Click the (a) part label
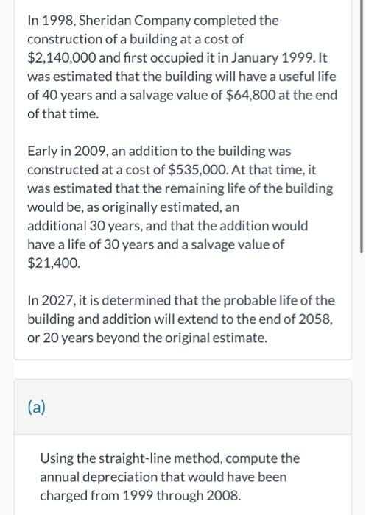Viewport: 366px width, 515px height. (x=36, y=407)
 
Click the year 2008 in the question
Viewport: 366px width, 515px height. (x=222, y=496)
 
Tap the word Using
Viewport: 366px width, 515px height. (x=57, y=458)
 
